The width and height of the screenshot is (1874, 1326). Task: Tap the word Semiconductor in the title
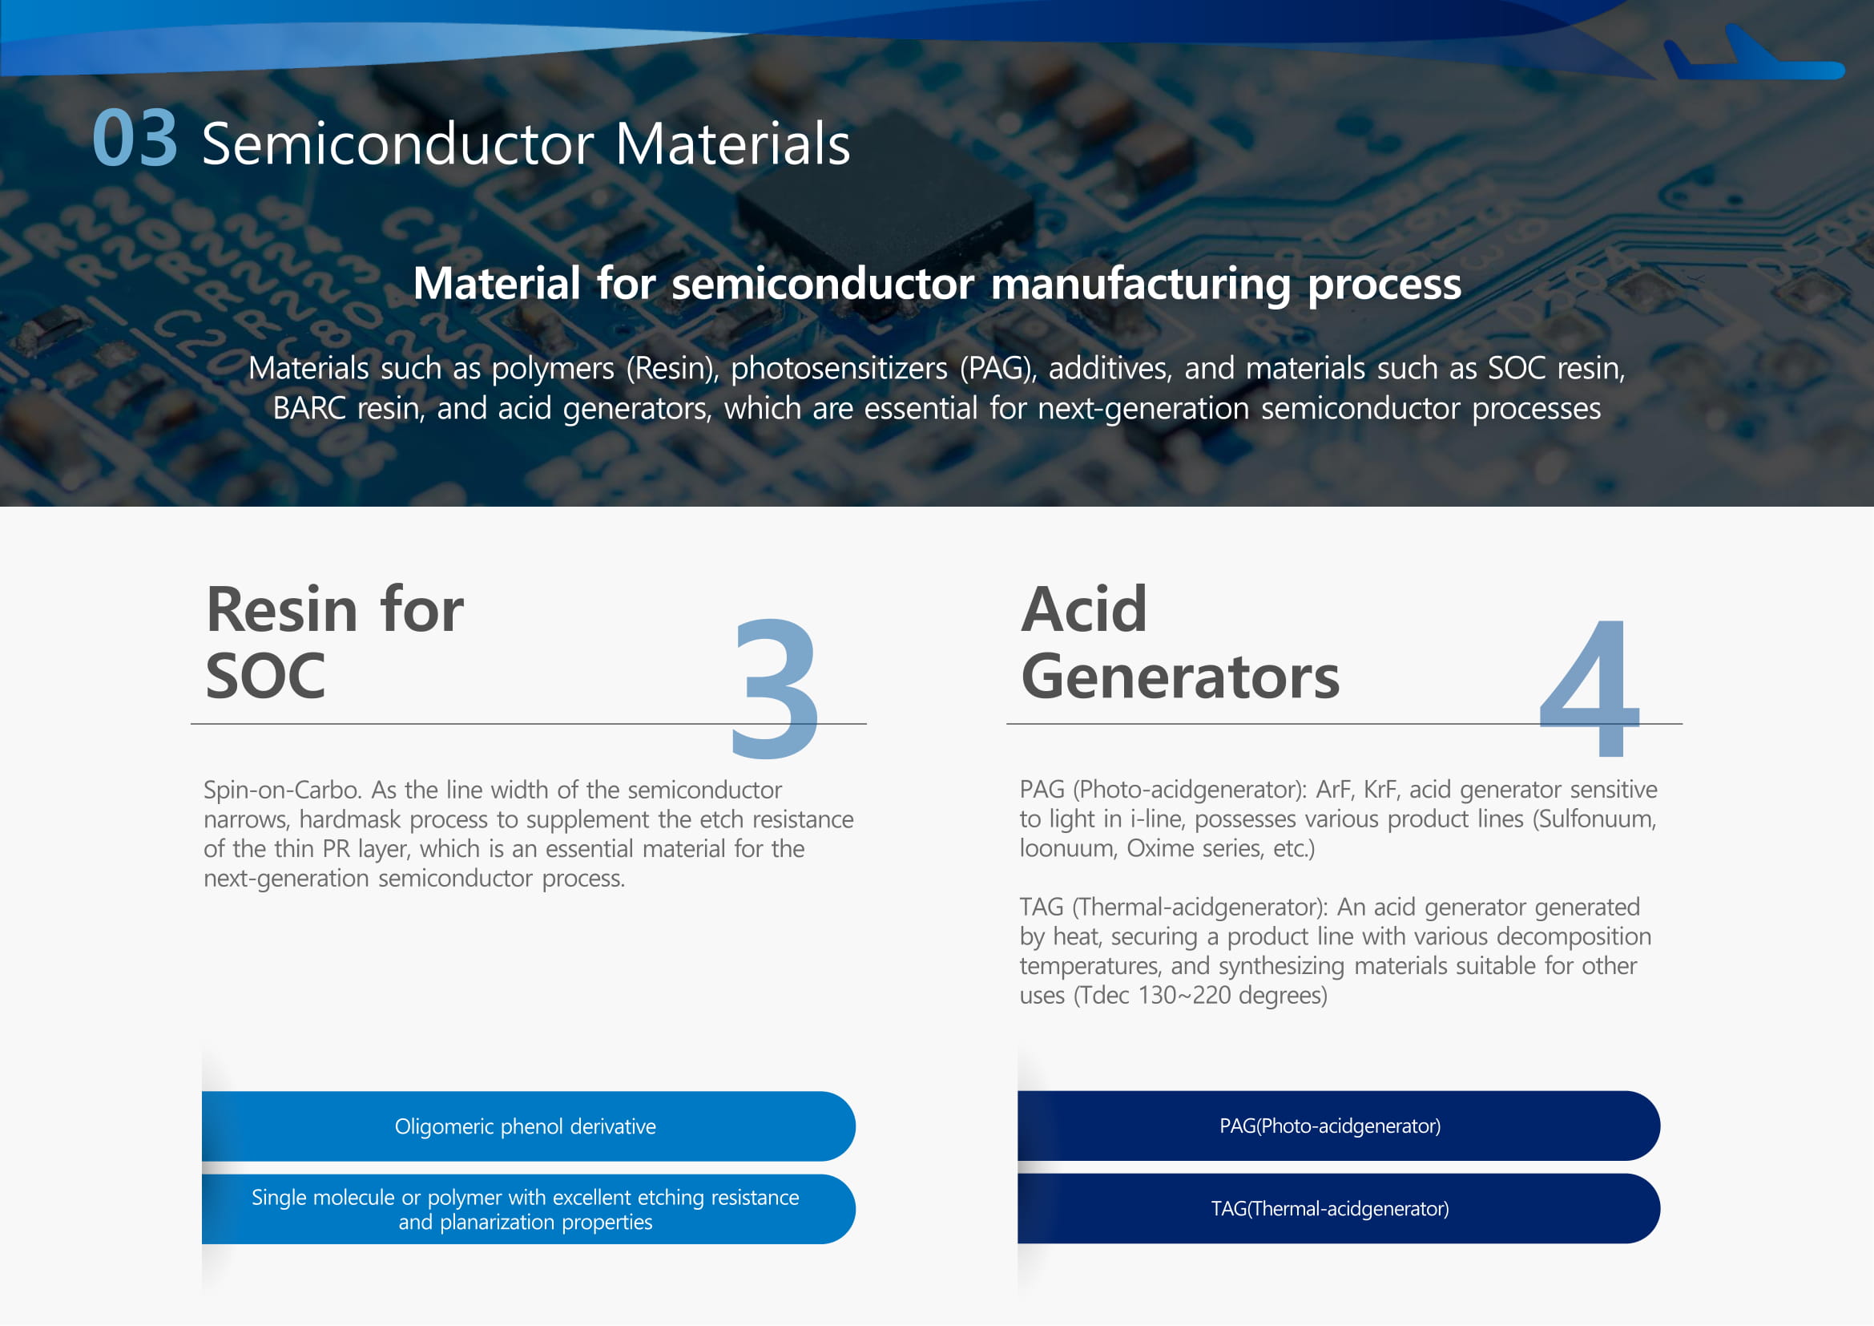398,144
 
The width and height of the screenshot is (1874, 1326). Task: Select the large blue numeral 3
775,689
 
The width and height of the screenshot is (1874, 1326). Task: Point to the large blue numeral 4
1590,689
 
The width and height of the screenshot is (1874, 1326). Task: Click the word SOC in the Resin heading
265,676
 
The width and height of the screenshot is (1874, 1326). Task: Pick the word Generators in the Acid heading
1180,677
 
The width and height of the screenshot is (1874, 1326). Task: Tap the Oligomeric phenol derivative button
528,1126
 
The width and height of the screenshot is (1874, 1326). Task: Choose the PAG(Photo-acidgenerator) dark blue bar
1339,1125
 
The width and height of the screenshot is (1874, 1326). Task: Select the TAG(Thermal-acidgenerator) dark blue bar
1339,1208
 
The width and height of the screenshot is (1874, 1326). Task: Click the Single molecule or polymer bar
528,1209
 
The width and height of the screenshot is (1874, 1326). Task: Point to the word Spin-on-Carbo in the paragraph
282,790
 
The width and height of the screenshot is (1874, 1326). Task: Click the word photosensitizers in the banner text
839,368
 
